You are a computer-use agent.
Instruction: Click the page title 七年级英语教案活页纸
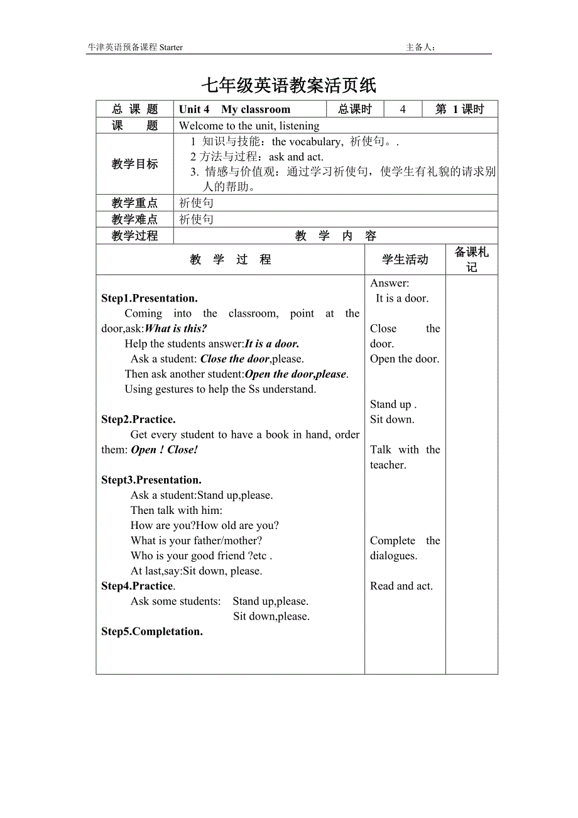pos(288,85)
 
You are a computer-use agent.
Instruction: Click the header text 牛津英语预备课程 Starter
pos(135,47)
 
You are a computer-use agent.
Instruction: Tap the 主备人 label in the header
pos(420,47)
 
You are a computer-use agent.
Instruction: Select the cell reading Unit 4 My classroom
pos(234,109)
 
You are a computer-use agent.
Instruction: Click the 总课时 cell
pos(355,109)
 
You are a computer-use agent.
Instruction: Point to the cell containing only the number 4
pos(403,109)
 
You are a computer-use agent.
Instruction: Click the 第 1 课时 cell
pos(460,109)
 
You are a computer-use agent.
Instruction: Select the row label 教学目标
pos(134,164)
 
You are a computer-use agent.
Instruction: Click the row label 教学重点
pos(134,203)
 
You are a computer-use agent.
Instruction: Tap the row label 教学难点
pos(134,219)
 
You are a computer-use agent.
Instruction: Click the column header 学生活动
pos(405,259)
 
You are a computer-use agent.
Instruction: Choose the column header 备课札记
pos(471,259)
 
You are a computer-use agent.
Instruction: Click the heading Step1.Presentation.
pos(150,298)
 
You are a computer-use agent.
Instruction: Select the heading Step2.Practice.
pos(138,419)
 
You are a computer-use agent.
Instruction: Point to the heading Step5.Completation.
pos(152,631)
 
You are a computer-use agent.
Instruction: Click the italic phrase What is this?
pos(176,329)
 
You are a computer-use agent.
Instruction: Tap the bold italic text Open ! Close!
pos(165,449)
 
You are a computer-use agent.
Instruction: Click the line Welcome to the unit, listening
pos(249,126)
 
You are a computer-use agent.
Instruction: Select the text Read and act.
pos(401,586)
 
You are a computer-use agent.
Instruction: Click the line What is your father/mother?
pos(196,540)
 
